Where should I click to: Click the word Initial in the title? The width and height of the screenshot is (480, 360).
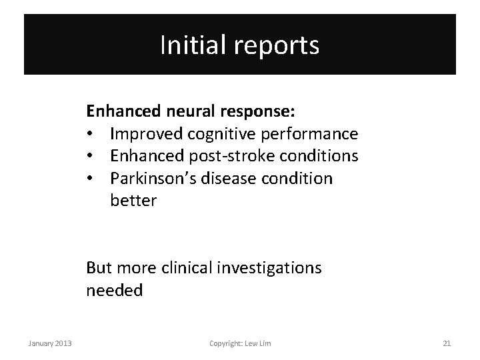pyautogui.click(x=188, y=45)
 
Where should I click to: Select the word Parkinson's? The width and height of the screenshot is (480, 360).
pyautogui.click(x=149, y=179)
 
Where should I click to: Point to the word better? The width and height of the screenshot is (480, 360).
pyautogui.click(x=133, y=200)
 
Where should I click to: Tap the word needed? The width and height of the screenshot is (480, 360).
pyautogui.click(x=114, y=291)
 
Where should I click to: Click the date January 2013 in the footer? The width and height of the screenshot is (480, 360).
pyautogui.click(x=50, y=343)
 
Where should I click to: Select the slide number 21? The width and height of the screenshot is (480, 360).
pyautogui.click(x=447, y=343)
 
